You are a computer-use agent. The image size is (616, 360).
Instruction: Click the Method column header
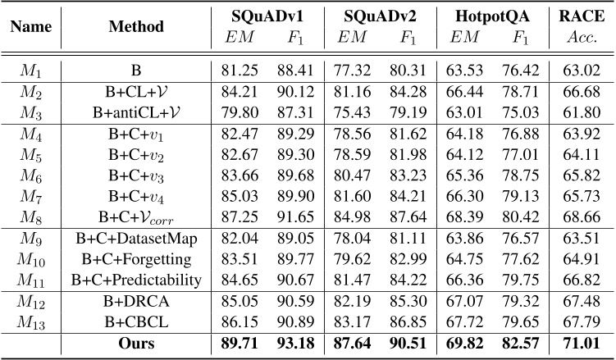(x=136, y=25)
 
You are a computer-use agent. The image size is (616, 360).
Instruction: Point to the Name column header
(x=31, y=25)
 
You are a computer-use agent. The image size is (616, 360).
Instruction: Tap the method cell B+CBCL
(x=136, y=320)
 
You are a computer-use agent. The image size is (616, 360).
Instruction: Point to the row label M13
(x=31, y=320)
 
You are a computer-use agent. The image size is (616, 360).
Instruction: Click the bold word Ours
(x=136, y=341)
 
